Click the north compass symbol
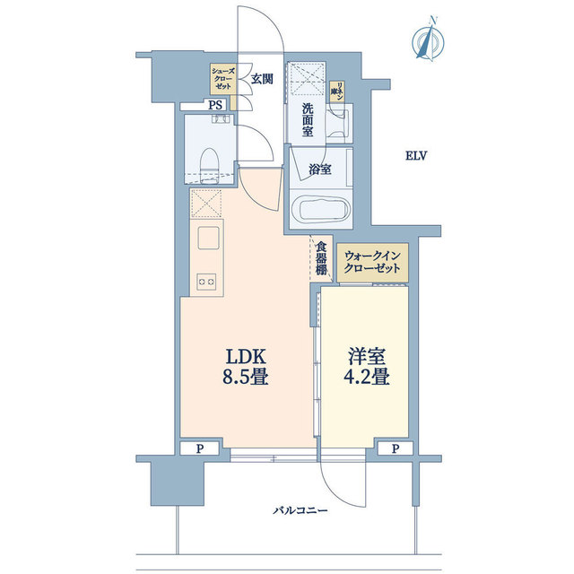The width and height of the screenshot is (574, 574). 427,40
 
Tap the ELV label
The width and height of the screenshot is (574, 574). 415,156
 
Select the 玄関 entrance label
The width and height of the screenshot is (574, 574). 261,78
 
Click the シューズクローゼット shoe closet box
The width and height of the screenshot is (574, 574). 222,79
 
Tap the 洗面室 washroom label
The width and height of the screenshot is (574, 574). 307,120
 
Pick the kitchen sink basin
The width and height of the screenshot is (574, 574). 209,239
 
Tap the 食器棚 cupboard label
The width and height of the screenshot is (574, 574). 321,257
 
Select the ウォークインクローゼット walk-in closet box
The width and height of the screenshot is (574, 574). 375,264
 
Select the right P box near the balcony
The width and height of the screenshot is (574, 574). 395,448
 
